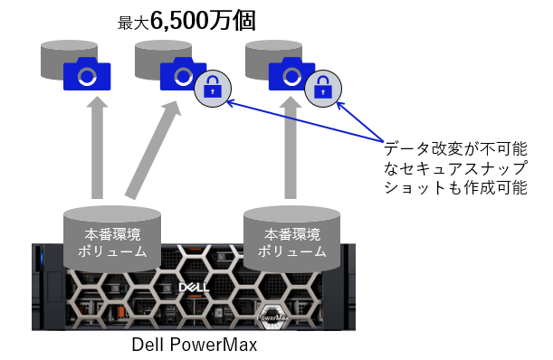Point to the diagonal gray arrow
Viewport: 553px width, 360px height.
152,148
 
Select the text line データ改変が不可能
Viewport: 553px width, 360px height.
461,147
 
